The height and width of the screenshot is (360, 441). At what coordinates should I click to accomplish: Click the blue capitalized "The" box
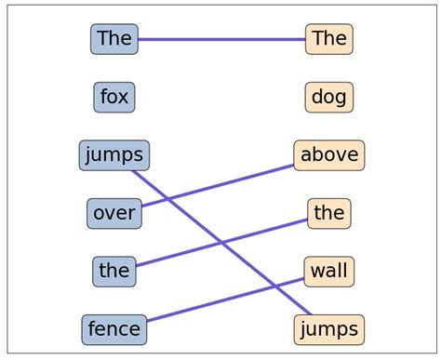[x=114, y=39]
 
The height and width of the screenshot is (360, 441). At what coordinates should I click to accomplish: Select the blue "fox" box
[x=114, y=97]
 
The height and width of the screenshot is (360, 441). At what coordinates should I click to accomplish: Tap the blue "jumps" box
[x=114, y=155]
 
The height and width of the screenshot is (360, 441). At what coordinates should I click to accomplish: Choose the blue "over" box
[x=114, y=213]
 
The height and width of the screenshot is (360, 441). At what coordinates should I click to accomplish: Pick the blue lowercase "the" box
[x=114, y=271]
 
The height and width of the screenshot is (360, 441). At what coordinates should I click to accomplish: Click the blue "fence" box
[x=114, y=328]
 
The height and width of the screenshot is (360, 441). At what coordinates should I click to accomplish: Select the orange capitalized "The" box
[x=329, y=39]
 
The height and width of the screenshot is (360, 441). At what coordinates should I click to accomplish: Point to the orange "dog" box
[x=329, y=97]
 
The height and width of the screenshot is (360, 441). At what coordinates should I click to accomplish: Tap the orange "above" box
[x=329, y=155]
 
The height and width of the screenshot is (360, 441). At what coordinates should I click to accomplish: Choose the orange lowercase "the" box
[x=329, y=213]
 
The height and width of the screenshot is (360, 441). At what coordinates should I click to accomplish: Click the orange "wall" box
[x=329, y=271]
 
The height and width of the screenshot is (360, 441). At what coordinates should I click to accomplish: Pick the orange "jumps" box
[x=329, y=328]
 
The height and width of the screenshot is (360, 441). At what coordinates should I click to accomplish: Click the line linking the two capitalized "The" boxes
[x=221, y=39]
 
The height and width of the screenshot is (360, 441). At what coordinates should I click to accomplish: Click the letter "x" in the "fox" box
[x=124, y=97]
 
